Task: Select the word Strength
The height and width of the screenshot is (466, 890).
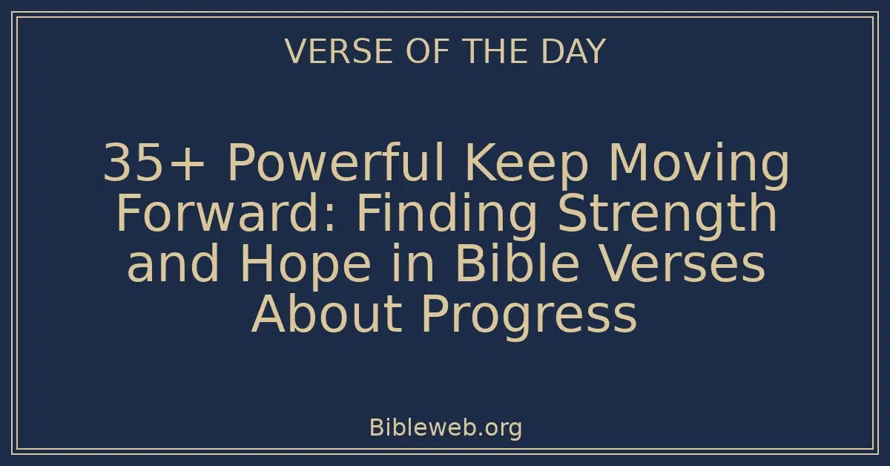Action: tap(668, 215)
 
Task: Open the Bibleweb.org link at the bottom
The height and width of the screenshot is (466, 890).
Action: tap(445, 427)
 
